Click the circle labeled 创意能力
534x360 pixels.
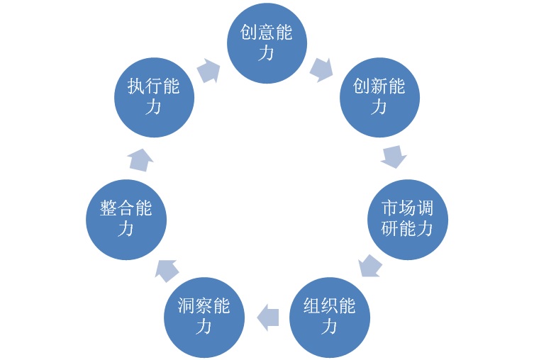click(x=267, y=43)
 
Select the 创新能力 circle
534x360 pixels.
click(x=379, y=97)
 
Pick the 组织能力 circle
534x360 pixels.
click(x=329, y=316)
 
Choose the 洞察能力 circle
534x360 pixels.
click(x=204, y=316)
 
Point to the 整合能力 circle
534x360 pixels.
click(x=126, y=219)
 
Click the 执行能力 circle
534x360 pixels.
click(x=154, y=97)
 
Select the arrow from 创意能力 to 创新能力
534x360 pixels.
click(x=321, y=68)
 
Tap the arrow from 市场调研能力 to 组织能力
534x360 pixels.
click(x=369, y=266)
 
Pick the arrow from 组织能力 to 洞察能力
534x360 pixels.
click(x=267, y=316)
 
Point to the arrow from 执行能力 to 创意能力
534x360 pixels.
click(x=207, y=70)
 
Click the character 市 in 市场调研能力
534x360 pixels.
click(x=389, y=209)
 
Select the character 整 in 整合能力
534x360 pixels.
click(x=109, y=209)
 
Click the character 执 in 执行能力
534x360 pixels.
click(x=136, y=87)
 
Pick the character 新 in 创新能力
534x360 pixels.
click(x=379, y=87)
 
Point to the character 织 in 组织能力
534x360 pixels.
click(x=329, y=306)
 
